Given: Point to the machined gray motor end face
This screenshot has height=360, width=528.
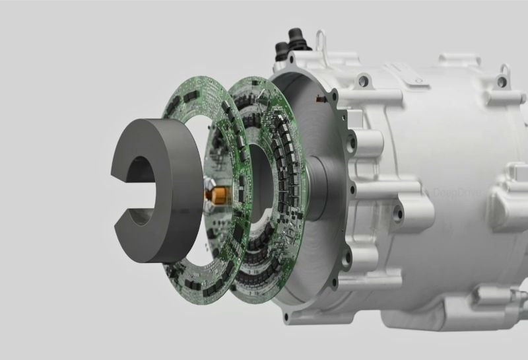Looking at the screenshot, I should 310,251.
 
